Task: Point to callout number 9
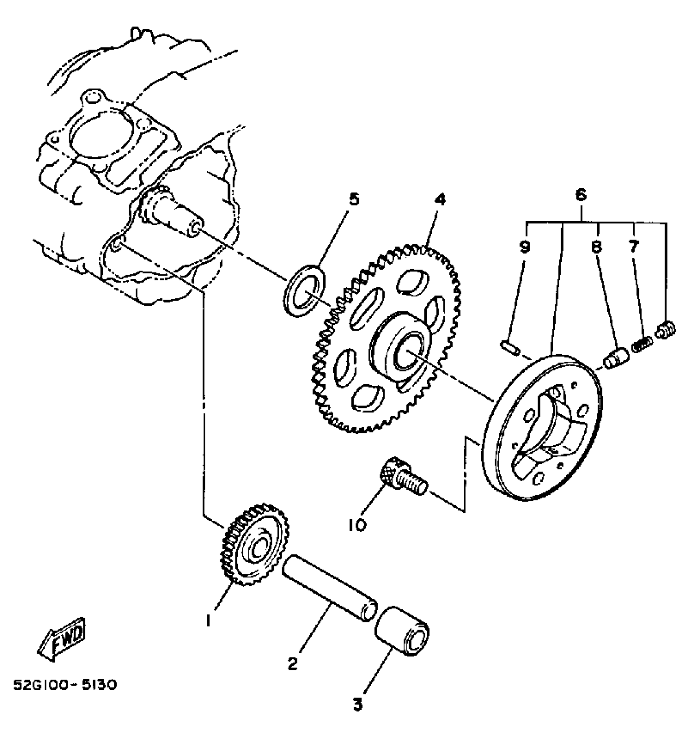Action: [x=525, y=246]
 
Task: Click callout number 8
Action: [x=596, y=246]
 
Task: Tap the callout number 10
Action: [x=357, y=525]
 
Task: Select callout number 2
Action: [x=293, y=664]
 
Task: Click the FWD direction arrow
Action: [x=62, y=639]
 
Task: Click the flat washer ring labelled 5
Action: [x=304, y=290]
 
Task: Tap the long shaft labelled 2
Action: [x=329, y=588]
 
